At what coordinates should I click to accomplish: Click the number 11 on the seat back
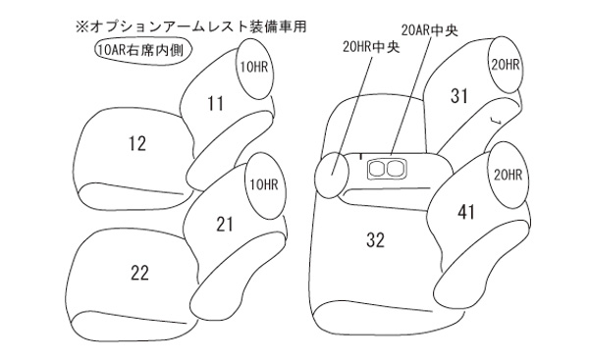(x=216, y=104)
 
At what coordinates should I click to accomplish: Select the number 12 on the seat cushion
(x=137, y=144)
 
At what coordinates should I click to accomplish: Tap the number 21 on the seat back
(x=225, y=224)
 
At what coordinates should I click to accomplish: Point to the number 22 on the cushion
(x=139, y=273)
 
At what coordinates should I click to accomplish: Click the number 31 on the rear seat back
(x=459, y=96)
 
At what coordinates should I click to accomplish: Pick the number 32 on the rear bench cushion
(x=376, y=240)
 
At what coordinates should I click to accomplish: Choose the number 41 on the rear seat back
(x=466, y=212)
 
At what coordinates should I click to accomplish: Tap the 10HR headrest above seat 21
(x=265, y=185)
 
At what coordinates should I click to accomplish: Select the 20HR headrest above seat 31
(x=506, y=65)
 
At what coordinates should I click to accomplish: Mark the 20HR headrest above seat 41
(x=508, y=175)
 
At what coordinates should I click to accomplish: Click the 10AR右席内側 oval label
(x=142, y=50)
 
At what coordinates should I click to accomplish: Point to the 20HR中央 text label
(x=371, y=46)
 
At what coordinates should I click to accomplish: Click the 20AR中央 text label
(x=429, y=30)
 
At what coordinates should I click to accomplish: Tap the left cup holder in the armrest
(x=376, y=169)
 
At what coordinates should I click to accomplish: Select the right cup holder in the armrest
(x=395, y=169)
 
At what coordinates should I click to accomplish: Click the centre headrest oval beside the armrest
(x=332, y=175)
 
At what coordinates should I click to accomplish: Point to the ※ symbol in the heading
(x=81, y=27)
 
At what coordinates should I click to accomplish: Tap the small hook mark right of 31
(x=496, y=120)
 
